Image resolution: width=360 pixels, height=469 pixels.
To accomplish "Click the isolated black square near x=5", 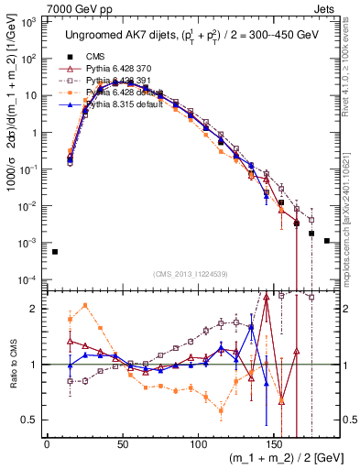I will [x=55, y=252].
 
